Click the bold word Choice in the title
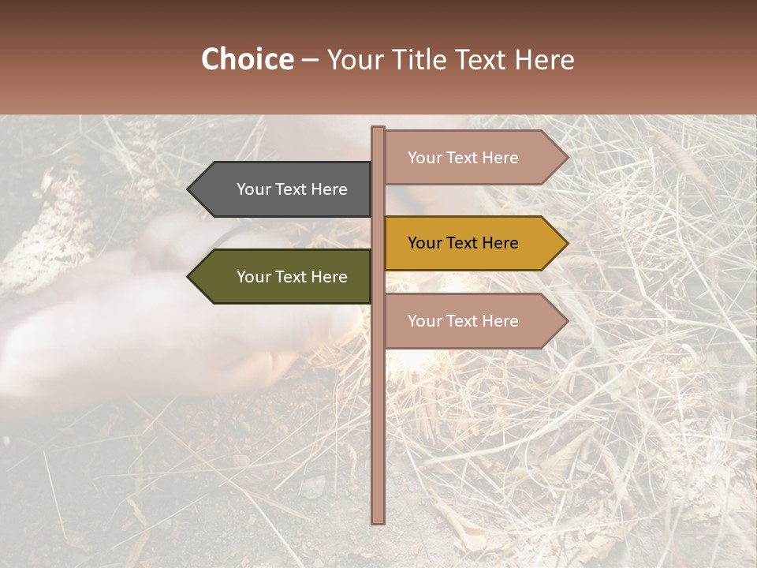pyautogui.click(x=247, y=60)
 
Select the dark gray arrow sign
pyautogui.click(x=284, y=189)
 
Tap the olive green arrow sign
pyautogui.click(x=284, y=277)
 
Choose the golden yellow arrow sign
pyautogui.click(x=470, y=243)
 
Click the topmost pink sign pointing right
pyautogui.click(x=470, y=158)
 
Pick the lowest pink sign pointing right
pyautogui.click(x=470, y=321)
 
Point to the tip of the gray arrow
pyautogui.click(x=189, y=189)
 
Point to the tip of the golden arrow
pyautogui.click(x=566, y=243)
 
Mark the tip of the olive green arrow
pyautogui.click(x=189, y=277)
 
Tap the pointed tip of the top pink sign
pyautogui.click(x=566, y=158)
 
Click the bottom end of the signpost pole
pyautogui.click(x=378, y=521)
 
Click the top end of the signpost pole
pyautogui.click(x=378, y=129)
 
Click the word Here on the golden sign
pyautogui.click(x=499, y=243)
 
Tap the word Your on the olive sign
pyautogui.click(x=253, y=277)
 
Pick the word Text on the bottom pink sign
pyautogui.click(x=463, y=321)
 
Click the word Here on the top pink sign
pyautogui.click(x=499, y=158)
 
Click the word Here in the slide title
pyautogui.click(x=544, y=60)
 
